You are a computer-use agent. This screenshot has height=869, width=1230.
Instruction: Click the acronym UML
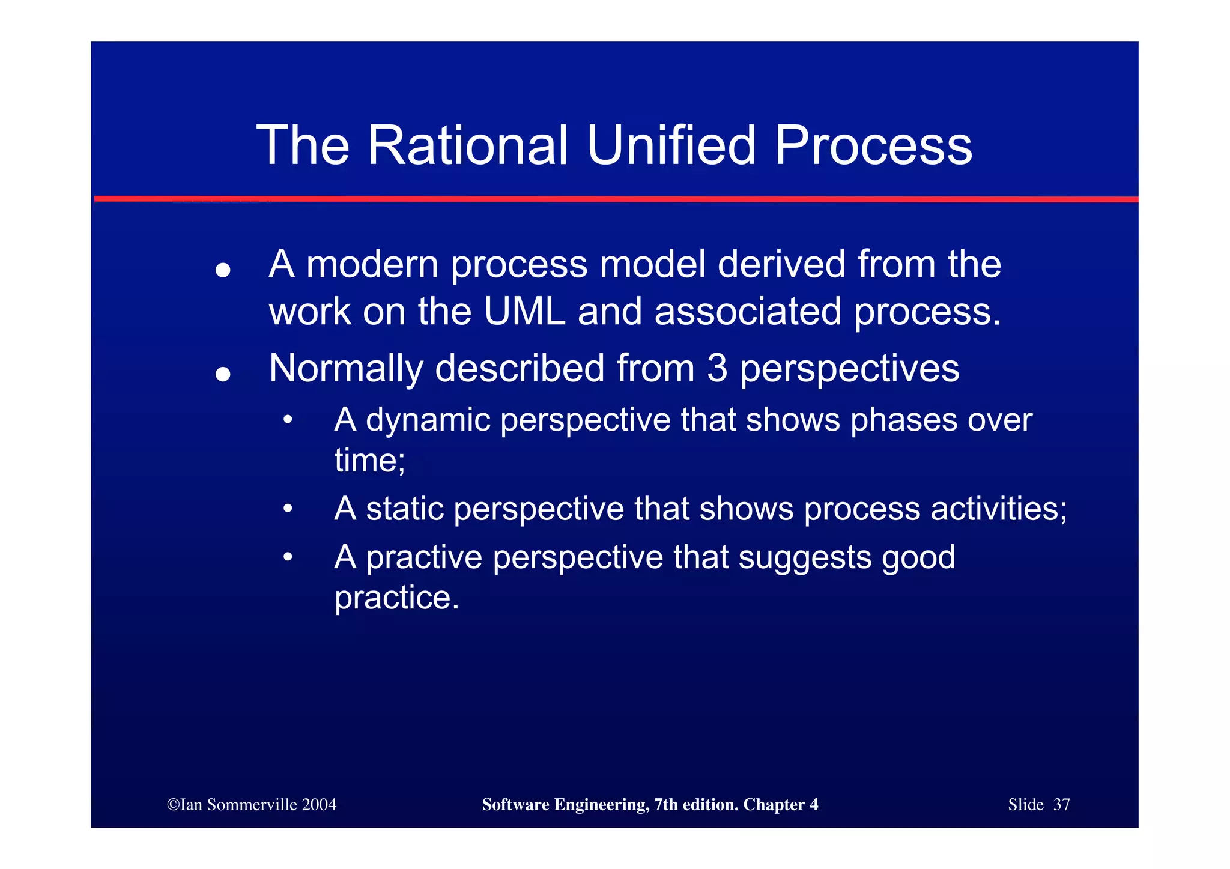(x=524, y=312)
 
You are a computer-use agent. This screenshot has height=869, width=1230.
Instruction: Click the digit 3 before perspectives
(x=717, y=368)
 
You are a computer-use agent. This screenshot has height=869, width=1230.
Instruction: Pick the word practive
(x=424, y=558)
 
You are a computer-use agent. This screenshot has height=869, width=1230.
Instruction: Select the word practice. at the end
(x=396, y=598)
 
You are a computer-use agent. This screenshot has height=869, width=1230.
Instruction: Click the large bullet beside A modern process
(x=223, y=271)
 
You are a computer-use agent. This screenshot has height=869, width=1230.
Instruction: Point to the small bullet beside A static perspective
(x=288, y=509)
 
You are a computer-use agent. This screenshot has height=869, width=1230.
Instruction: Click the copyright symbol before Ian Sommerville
(x=173, y=805)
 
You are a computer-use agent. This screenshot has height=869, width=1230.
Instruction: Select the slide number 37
(x=1061, y=805)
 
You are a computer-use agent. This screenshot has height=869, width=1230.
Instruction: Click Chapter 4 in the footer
(x=780, y=805)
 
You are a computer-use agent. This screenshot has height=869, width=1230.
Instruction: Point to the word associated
(x=747, y=312)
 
